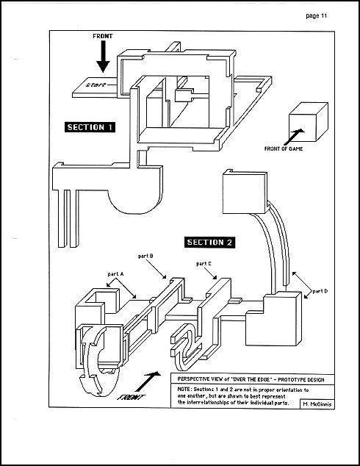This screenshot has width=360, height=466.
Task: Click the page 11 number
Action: (317, 15)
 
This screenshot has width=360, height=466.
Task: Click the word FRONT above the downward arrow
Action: (103, 36)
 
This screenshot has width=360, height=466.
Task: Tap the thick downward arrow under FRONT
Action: (103, 57)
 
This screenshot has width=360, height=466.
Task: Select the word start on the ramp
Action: (96, 85)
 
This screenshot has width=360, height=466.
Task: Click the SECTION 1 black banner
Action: (90, 127)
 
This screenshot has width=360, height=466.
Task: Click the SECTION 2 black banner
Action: (209, 243)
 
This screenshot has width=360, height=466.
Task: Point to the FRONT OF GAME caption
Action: (284, 148)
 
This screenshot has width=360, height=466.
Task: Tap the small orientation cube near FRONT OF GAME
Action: (309, 122)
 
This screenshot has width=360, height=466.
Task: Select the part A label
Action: (115, 274)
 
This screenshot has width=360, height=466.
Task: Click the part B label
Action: (145, 256)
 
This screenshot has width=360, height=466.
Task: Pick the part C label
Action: (204, 264)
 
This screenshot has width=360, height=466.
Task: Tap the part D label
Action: (320, 291)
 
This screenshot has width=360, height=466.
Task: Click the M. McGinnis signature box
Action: (317, 404)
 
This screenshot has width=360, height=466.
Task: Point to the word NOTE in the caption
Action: (184, 390)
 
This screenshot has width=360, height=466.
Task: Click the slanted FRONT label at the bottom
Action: (131, 397)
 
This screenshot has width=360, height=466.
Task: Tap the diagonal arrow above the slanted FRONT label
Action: (148, 381)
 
